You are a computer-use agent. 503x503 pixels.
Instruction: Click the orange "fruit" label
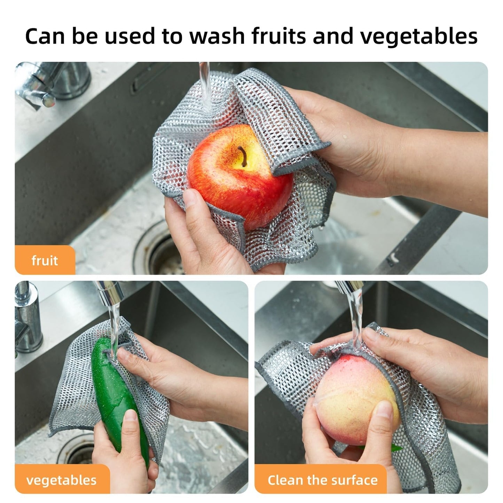(45, 260)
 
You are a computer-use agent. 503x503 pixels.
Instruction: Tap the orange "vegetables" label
(61, 480)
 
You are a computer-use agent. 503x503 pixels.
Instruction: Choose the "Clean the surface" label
(322, 480)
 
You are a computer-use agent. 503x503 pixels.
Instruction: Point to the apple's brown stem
(242, 155)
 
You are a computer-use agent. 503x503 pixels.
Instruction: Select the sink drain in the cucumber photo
(75, 449)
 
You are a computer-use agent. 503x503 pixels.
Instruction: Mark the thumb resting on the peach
(385, 418)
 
